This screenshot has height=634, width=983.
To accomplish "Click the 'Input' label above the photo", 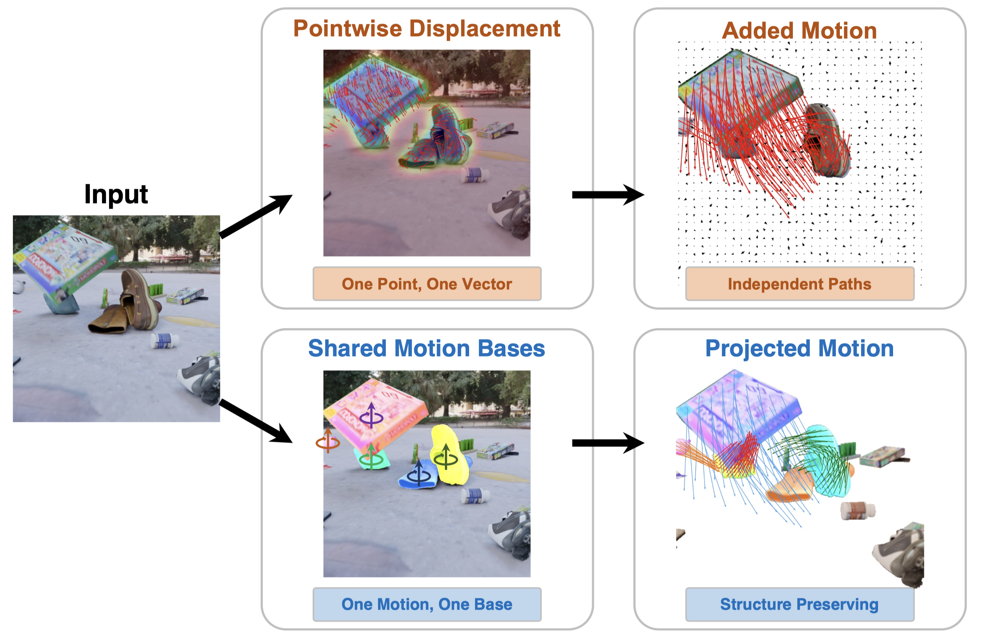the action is pyautogui.click(x=116, y=194).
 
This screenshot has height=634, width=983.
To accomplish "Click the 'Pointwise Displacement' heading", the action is pyautogui.click(x=427, y=29).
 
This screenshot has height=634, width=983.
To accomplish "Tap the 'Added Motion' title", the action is pyautogui.click(x=799, y=31).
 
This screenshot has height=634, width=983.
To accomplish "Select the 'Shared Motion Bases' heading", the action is pyautogui.click(x=427, y=348).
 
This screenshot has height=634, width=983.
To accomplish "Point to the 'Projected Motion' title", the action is pyautogui.click(x=799, y=349).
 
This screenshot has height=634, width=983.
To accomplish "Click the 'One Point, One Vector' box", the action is pyautogui.click(x=427, y=284).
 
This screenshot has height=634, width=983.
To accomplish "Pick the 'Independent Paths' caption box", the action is pyautogui.click(x=800, y=284).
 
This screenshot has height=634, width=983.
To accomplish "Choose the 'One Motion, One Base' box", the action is pyautogui.click(x=427, y=604).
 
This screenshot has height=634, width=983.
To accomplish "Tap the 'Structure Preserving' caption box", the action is pyautogui.click(x=800, y=604).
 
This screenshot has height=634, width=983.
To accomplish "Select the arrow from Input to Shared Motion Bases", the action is pyautogui.click(x=256, y=421).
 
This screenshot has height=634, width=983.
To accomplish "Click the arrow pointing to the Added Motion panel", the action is pyautogui.click(x=608, y=195).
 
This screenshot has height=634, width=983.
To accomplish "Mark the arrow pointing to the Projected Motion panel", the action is pyautogui.click(x=608, y=442).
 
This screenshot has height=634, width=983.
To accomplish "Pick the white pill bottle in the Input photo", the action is pyautogui.click(x=164, y=341).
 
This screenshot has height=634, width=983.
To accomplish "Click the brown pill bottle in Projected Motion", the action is pyautogui.click(x=858, y=511).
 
